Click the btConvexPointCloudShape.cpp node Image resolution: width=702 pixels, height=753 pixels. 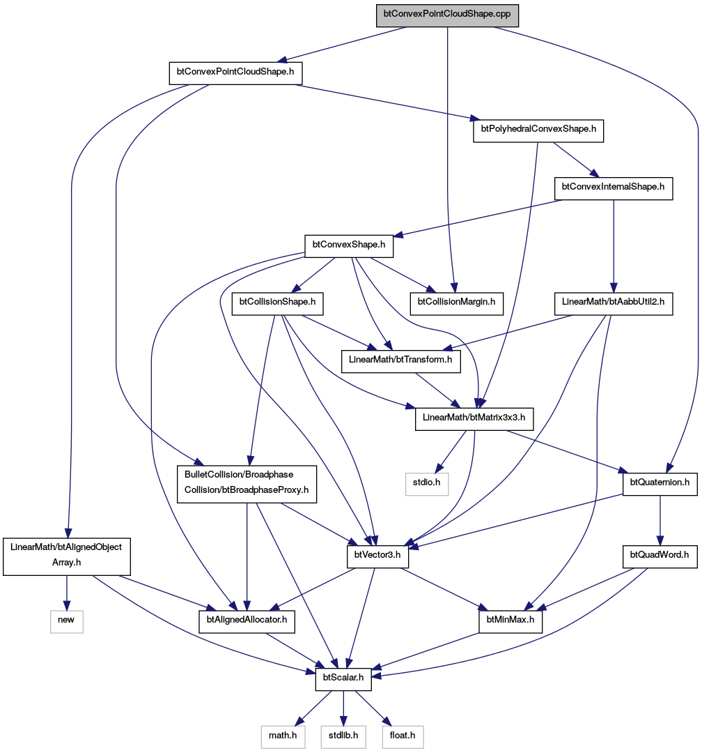[x=447, y=15]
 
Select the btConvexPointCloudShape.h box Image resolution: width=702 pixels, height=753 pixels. [x=235, y=73]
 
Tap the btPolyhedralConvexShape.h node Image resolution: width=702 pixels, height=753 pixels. [x=538, y=130]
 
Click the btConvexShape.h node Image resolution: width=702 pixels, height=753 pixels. [x=349, y=246]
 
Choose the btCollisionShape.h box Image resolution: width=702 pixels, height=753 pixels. [x=277, y=303]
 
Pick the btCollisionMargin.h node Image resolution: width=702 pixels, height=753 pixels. [x=456, y=303]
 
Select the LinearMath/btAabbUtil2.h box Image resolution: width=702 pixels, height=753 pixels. [x=614, y=303]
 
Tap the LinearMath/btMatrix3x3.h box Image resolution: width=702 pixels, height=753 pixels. [x=474, y=418]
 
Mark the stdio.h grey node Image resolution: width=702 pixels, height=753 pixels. [x=427, y=484]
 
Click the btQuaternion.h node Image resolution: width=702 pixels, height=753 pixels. [x=660, y=484]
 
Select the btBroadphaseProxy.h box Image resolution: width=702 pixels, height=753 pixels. [x=247, y=484]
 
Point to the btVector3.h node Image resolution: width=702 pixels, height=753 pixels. [x=377, y=556]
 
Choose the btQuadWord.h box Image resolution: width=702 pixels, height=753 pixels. [x=660, y=556]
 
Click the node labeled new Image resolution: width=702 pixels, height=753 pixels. [x=66, y=621]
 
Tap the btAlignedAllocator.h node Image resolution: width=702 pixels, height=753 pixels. [x=247, y=621]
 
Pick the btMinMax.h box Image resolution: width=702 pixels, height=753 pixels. [x=510, y=621]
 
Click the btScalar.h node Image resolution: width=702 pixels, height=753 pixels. [x=343, y=679]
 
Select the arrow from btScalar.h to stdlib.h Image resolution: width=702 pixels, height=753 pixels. [x=343, y=708]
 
